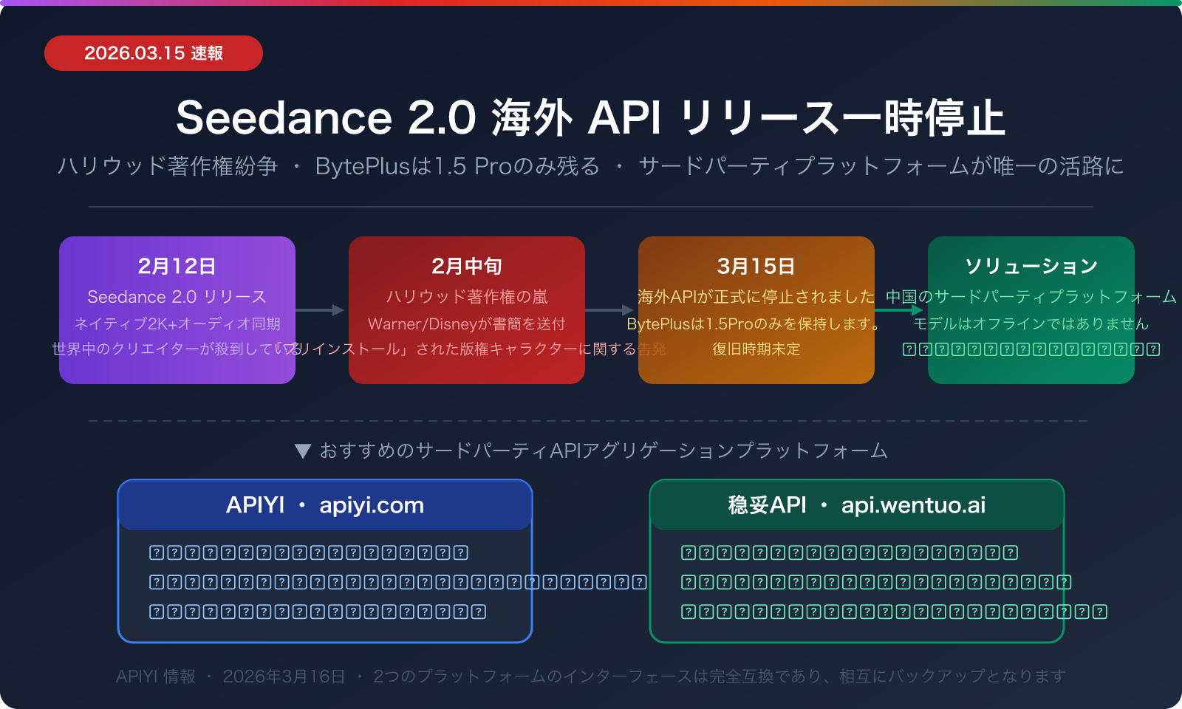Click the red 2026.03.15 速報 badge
click(x=154, y=53)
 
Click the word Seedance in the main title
click(x=284, y=118)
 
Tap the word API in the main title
click(x=624, y=118)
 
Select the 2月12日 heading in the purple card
click(x=177, y=266)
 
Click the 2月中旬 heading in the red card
click(x=466, y=266)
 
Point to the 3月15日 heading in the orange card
click(x=756, y=266)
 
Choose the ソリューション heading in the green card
click(x=1031, y=266)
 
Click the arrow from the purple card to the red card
click(x=321, y=310)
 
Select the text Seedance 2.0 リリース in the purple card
click(x=177, y=297)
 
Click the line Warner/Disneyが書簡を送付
click(x=466, y=324)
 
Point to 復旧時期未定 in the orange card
click(x=756, y=349)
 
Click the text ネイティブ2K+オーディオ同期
click(x=177, y=324)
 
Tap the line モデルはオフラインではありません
click(x=1031, y=324)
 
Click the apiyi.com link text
click(x=372, y=505)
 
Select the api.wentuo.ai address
click(x=913, y=505)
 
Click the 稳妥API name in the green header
click(x=767, y=505)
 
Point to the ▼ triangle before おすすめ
click(x=302, y=451)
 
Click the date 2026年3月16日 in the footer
click(x=284, y=677)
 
